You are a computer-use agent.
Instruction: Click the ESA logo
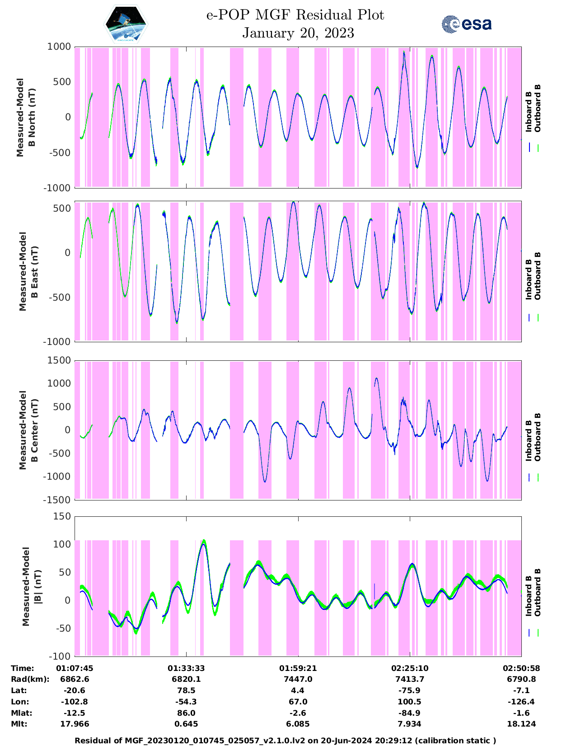pos(466,24)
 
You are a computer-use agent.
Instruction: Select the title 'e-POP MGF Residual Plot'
pos(295,15)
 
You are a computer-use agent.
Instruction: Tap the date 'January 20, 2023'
pos(298,33)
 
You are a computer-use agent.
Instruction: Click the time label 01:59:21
pos(298,668)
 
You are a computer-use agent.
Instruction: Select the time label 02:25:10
pos(410,668)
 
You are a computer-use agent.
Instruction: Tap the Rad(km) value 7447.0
pos(298,679)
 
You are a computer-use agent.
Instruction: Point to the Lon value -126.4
pos(521,702)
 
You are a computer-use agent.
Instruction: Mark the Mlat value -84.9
pos(410,713)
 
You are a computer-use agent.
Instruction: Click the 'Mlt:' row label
pos(19,724)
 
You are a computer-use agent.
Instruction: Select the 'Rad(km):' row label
pos(30,679)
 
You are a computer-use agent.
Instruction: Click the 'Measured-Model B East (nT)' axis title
pos(28,271)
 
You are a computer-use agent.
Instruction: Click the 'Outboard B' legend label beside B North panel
pos(537,109)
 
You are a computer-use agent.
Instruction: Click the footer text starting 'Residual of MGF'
pos(285,741)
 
